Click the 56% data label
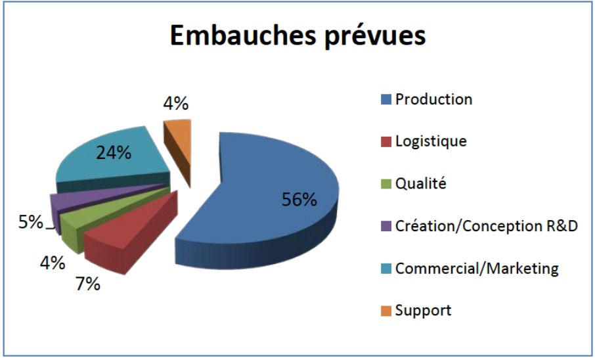299,199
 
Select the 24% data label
114,152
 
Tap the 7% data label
87,284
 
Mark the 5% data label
31,222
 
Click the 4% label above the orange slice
176,103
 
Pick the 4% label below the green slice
53,262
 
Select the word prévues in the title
376,37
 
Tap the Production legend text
433,99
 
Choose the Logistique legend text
431,142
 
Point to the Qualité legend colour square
386,184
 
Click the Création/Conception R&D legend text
487,227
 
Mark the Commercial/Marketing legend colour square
386,269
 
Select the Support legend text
423,311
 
